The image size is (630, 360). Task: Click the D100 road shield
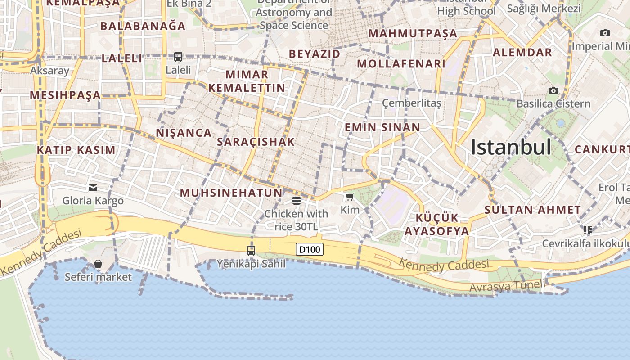(x=310, y=249)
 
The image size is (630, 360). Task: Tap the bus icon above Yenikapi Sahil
(x=251, y=250)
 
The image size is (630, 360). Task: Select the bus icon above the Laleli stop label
(x=178, y=57)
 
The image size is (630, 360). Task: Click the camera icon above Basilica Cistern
(x=553, y=90)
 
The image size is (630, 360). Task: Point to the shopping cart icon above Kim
(x=350, y=197)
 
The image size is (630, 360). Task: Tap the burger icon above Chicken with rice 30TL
(x=296, y=200)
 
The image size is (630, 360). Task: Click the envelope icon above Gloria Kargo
(x=93, y=187)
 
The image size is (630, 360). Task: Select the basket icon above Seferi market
(x=98, y=264)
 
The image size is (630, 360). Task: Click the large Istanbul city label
(x=511, y=147)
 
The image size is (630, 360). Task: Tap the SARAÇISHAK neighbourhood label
(x=256, y=142)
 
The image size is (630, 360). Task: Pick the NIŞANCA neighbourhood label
(x=184, y=133)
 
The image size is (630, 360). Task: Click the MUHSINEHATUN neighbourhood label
(x=231, y=193)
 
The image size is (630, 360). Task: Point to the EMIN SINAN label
(x=382, y=127)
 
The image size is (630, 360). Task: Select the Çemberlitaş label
(x=411, y=103)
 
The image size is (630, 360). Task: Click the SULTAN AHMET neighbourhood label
(x=533, y=210)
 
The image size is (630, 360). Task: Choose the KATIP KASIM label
(x=76, y=150)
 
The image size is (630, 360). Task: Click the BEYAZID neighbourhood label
(x=315, y=54)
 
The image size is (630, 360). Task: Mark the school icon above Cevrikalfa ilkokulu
(x=587, y=230)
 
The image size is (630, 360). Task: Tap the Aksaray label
(x=49, y=71)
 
